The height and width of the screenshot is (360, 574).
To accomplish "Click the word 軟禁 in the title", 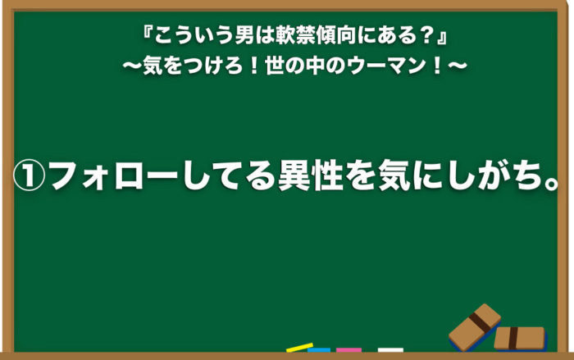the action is click(x=296, y=37).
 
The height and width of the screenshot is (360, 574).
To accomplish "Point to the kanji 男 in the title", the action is click(x=244, y=37).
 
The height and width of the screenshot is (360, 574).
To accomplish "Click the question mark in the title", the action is click(x=426, y=37).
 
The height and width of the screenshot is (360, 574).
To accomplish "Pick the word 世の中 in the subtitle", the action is click(x=296, y=66).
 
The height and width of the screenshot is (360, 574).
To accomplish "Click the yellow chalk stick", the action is click(x=300, y=347).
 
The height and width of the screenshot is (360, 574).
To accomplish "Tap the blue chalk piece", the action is click(x=319, y=350).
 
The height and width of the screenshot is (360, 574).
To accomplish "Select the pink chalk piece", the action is click(x=348, y=350).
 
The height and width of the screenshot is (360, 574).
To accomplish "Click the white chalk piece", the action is click(x=390, y=350).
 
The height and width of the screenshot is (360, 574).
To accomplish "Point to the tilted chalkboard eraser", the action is click(x=475, y=327).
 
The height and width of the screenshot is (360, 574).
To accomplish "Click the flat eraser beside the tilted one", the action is click(x=521, y=339).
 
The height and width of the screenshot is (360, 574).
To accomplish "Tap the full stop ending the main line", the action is click(x=550, y=182).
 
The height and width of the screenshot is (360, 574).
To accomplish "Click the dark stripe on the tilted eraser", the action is click(x=478, y=322).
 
